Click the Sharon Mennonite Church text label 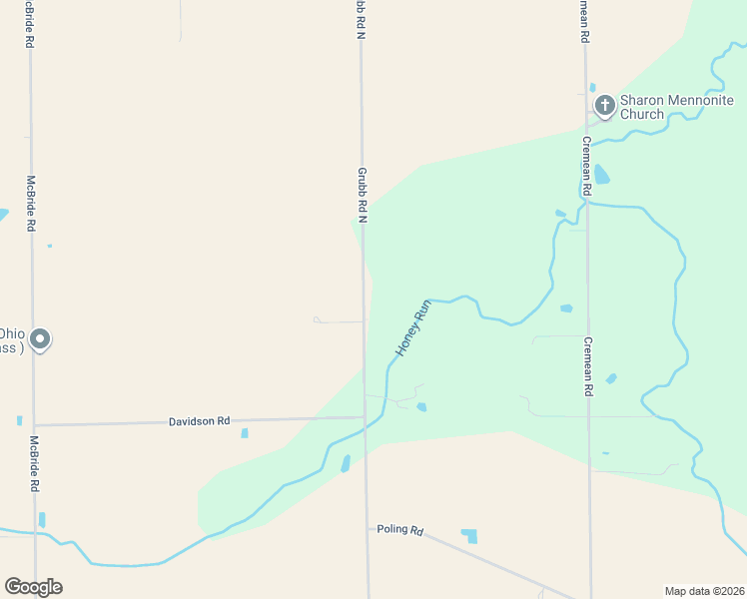click(676, 107)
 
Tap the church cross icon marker click(603, 105)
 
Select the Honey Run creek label click(412, 328)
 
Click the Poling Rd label click(400, 529)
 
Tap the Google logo click(33, 587)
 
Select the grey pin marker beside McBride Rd click(40, 340)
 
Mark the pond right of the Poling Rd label click(468, 536)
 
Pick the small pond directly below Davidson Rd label click(244, 433)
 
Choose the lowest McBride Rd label click(34, 464)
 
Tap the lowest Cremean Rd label click(588, 366)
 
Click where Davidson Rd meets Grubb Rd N click(364, 417)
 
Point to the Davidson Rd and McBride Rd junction click(34, 425)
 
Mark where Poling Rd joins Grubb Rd click(367, 526)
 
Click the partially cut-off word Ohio click(12, 333)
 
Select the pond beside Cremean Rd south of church click(602, 175)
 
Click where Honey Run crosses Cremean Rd click(587, 203)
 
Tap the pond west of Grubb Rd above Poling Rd click(346, 463)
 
